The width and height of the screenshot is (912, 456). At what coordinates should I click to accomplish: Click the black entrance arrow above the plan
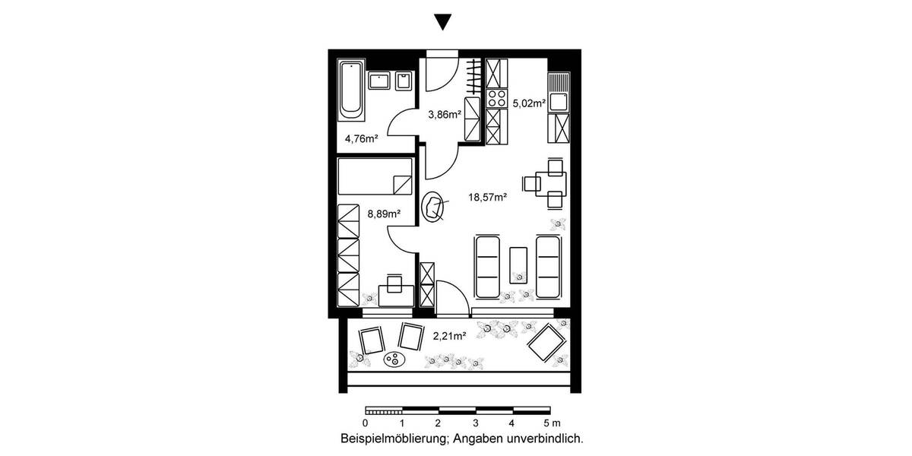442,23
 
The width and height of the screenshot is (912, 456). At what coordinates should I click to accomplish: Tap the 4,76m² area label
362,138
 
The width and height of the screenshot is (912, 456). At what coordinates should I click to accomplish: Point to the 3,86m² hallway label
445,115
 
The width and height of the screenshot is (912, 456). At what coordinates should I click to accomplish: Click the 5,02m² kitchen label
529,103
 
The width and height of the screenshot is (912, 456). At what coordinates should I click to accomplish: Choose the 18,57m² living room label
487,197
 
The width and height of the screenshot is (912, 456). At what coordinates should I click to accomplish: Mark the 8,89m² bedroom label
383,214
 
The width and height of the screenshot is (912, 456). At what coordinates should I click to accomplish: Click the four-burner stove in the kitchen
496,98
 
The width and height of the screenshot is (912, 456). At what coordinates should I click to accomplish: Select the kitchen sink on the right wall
557,100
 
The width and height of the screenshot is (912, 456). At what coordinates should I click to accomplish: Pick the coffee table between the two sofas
519,266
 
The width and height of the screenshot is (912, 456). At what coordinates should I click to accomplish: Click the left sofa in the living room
487,268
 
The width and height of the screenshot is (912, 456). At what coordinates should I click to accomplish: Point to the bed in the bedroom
375,176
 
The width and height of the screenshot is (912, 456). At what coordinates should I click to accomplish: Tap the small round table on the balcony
394,359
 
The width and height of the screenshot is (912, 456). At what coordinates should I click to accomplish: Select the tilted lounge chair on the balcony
547,342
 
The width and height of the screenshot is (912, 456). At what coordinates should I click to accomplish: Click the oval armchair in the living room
435,207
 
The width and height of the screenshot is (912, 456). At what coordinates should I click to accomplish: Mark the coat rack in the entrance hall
473,77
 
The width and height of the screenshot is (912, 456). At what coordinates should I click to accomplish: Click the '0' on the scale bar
366,423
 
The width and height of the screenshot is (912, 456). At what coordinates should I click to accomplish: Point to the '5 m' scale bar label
551,423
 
